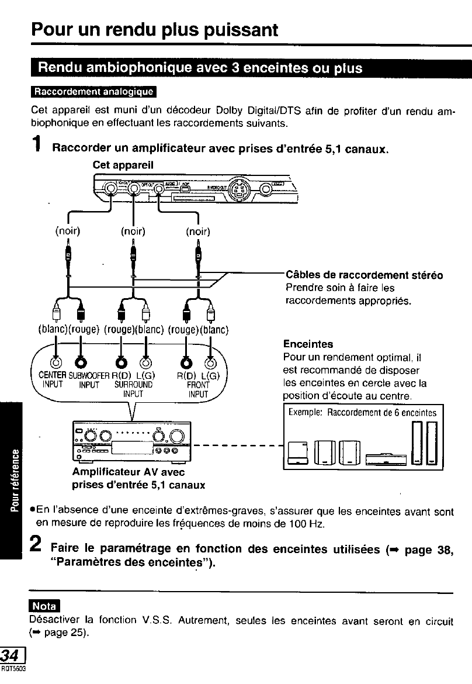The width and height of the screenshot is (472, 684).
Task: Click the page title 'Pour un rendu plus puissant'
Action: (155, 29)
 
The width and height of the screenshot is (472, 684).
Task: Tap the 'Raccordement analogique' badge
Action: (93, 92)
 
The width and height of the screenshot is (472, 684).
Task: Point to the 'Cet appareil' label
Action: (123, 165)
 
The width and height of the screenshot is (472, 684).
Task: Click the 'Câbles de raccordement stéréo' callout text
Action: (364, 275)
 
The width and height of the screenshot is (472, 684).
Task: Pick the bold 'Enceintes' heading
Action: (308, 344)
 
